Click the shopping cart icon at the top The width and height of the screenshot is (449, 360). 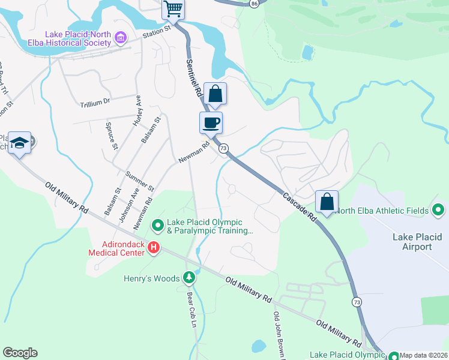click(173, 9)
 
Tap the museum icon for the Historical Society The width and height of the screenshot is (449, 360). click(121, 38)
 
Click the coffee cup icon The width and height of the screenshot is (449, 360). click(211, 123)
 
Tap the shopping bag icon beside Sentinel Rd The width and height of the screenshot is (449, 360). click(215, 94)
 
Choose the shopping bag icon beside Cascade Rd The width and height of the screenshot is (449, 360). click(327, 201)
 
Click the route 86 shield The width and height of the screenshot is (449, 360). click(255, 4)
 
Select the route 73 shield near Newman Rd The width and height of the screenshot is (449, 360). click(223, 148)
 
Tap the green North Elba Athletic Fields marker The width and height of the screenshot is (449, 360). click(438, 210)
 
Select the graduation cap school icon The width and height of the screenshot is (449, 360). click(20, 142)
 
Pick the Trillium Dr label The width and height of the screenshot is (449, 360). click(95, 102)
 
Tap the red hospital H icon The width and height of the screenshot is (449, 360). click(154, 247)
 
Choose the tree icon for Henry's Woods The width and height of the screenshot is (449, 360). click(189, 277)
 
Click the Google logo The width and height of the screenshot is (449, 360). click(20, 353)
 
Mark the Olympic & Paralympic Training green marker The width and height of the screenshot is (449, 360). click(158, 226)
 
